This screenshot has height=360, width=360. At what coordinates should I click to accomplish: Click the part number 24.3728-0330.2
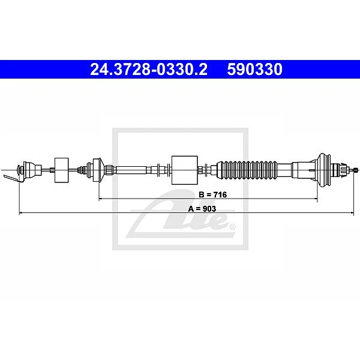tap(149, 70)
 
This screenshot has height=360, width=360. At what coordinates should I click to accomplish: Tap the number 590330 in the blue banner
tap(254, 70)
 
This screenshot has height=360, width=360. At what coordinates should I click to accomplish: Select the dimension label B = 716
tap(212, 194)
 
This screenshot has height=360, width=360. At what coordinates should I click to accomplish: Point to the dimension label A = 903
tap(202, 209)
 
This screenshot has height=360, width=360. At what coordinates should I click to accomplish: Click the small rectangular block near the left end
tap(62, 170)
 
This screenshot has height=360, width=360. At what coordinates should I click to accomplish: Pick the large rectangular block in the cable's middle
tap(185, 170)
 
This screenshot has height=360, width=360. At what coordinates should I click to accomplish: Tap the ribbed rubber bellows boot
tap(247, 170)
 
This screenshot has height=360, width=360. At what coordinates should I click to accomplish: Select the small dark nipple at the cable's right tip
tap(356, 170)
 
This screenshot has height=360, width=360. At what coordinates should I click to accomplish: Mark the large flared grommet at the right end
tap(324, 170)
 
